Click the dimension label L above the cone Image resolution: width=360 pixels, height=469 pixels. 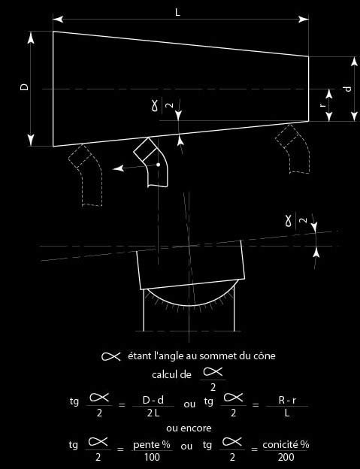[x=178, y=12]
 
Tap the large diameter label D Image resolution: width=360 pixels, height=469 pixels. [x=25, y=86]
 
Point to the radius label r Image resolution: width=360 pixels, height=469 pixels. [x=322, y=105]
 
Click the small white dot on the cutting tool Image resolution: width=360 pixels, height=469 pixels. [x=158, y=165]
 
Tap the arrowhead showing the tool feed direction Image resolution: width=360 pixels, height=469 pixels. [x=119, y=168]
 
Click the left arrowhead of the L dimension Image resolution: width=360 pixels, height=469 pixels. [x=58, y=19]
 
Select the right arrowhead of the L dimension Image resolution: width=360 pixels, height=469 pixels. [x=304, y=19]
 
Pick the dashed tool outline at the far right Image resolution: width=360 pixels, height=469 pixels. [x=292, y=148]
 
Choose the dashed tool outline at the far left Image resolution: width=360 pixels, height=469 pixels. [x=86, y=175]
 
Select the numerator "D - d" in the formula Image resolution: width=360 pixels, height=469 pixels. [x=153, y=400]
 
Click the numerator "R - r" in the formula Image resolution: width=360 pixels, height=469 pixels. [x=287, y=400]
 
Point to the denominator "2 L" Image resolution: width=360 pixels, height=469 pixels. [x=153, y=413]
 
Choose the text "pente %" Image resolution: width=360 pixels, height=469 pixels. [x=152, y=445]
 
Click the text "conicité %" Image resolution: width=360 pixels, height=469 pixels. [x=286, y=444]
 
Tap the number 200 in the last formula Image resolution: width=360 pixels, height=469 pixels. [x=286, y=457]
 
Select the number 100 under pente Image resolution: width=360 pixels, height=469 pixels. [x=152, y=457]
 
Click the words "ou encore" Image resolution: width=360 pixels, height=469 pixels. [x=189, y=428]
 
